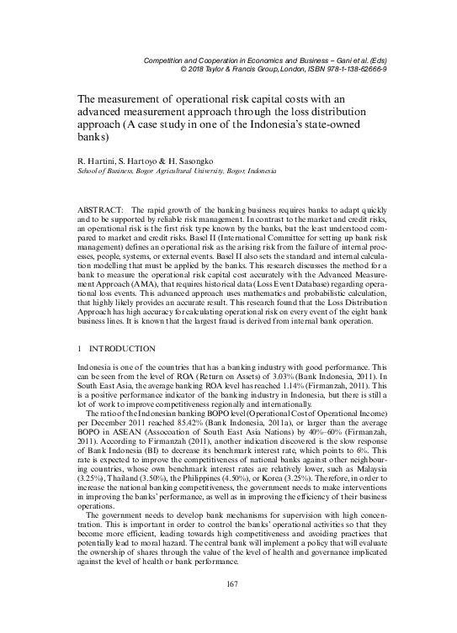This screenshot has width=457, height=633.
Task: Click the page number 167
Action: pyautogui.click(x=229, y=608)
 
